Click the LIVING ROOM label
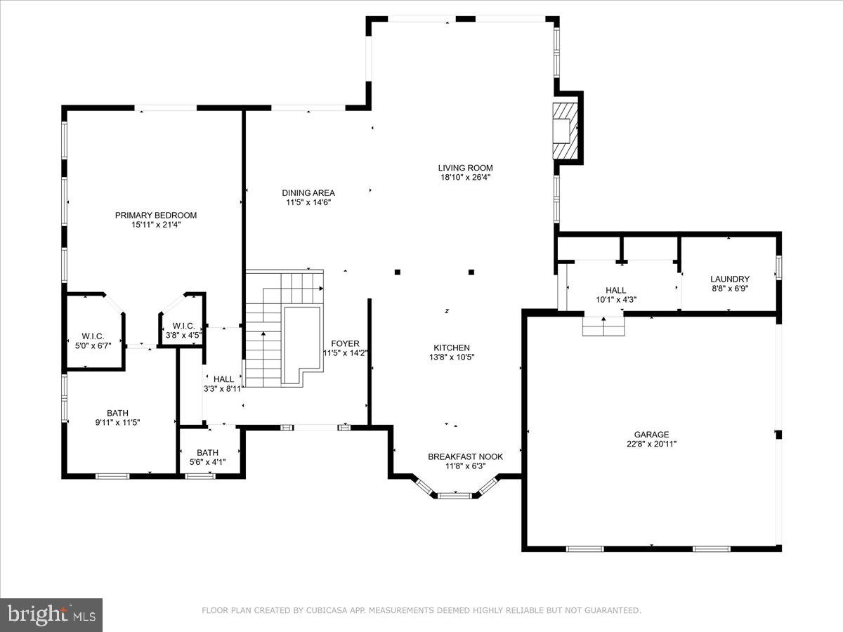point(465,168)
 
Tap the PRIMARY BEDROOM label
point(156,216)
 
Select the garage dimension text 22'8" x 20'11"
point(652,444)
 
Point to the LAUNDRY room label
point(730,279)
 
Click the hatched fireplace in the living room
point(564,131)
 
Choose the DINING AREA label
point(308,192)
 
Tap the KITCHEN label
point(452,348)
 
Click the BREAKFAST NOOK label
point(465,456)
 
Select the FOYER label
point(346,343)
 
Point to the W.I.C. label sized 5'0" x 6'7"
point(93,336)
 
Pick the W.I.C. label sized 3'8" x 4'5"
point(183,326)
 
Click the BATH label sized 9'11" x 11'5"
point(117,413)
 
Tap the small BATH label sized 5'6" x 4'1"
point(207,453)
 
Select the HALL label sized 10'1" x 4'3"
point(616,290)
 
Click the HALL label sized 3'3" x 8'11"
point(223,379)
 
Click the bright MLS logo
point(51,615)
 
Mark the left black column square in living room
point(398,272)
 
